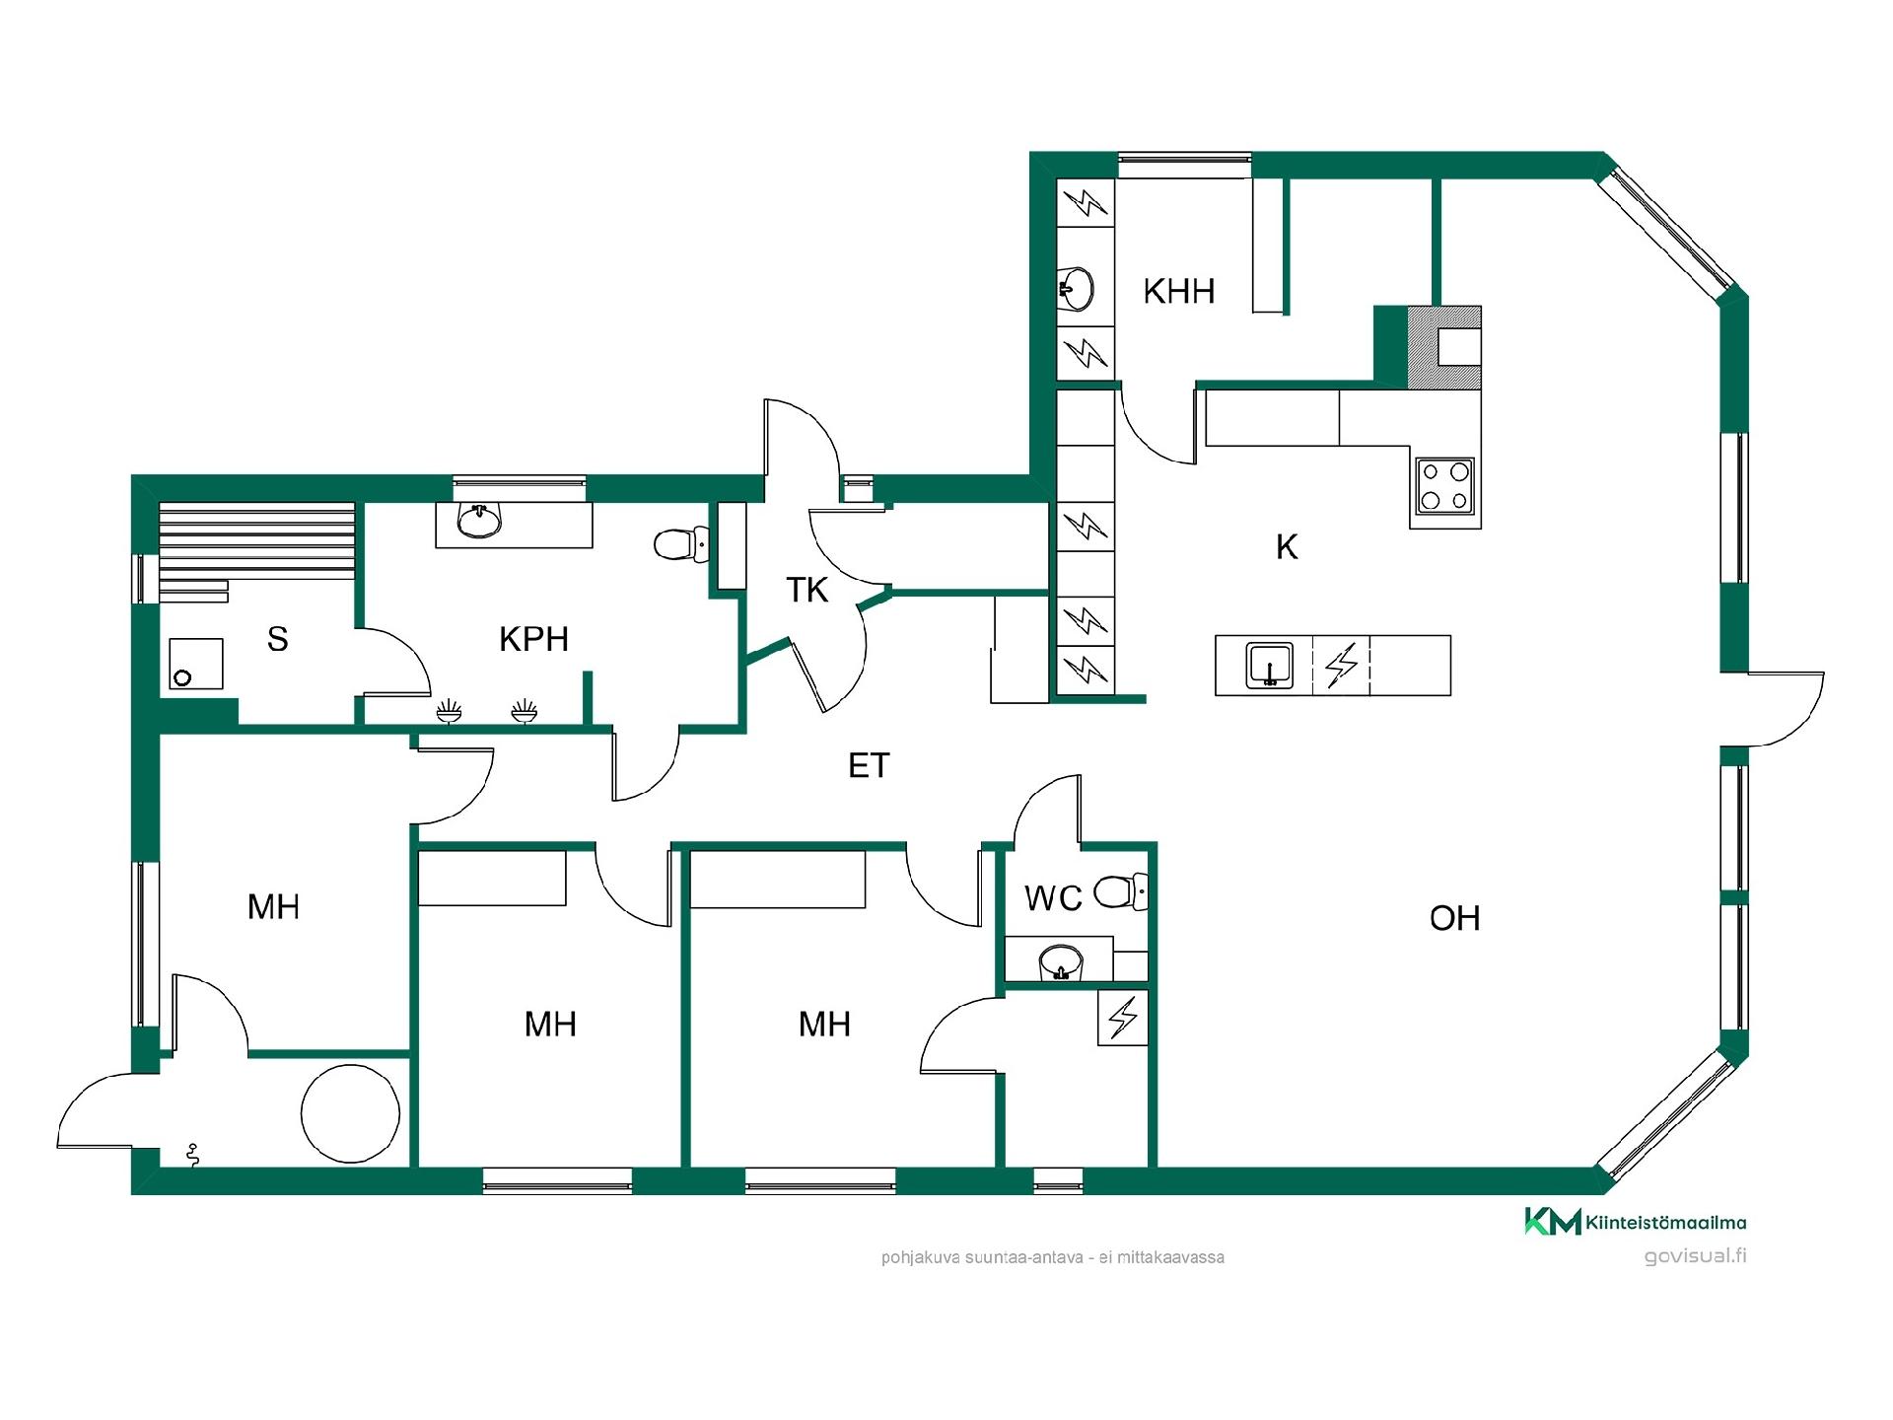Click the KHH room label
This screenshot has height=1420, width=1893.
[1178, 291]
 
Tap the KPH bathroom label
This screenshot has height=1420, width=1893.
[533, 639]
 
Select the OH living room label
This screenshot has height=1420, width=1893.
[1454, 918]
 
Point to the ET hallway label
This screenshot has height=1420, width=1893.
[869, 765]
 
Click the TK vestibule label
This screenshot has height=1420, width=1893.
[806, 590]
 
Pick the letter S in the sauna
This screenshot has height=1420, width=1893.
[277, 639]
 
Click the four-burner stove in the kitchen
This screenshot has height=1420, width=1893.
[1444, 485]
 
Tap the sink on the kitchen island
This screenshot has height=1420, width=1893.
[1270, 665]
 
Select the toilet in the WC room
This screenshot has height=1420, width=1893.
[1122, 891]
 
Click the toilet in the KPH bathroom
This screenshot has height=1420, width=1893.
[681, 543]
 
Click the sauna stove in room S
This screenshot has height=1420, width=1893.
[195, 663]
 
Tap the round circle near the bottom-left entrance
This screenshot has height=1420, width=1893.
[350, 1113]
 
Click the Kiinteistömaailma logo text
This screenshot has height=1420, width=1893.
[1665, 1223]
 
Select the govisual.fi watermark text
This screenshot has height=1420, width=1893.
[1695, 1256]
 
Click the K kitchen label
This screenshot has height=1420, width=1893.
[1287, 546]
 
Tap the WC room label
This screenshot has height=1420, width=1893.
[1053, 898]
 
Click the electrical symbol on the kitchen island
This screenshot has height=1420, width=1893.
[1341, 665]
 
